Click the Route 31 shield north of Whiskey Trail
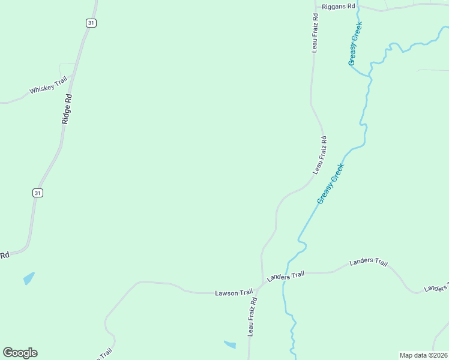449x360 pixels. (91, 23)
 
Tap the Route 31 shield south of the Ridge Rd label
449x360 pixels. (38, 193)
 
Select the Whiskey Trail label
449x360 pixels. (49, 88)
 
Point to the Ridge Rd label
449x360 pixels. (68, 109)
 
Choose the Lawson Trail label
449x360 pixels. (234, 292)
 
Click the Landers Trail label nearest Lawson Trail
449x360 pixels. (286, 276)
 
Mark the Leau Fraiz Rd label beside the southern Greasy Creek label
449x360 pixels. (319, 155)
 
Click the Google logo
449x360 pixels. (20, 353)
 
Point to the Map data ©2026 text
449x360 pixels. (423, 355)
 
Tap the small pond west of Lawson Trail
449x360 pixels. (29, 278)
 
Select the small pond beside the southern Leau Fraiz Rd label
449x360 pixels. (230, 344)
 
